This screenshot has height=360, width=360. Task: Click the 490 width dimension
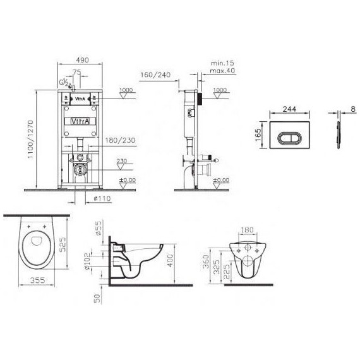click(78, 58)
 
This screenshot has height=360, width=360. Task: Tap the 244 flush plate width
click(290, 108)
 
